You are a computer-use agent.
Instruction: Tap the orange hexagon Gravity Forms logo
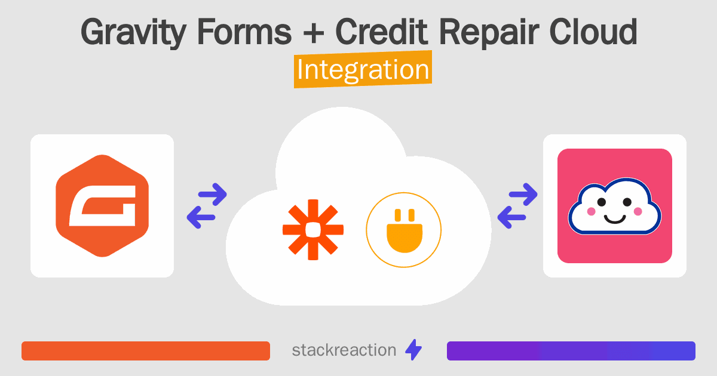[x=102, y=206]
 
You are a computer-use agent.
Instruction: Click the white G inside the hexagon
[x=102, y=207]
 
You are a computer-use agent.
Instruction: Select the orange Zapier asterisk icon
[x=314, y=230]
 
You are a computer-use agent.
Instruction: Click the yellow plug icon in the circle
[x=403, y=230]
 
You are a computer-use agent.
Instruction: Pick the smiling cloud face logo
[x=614, y=206]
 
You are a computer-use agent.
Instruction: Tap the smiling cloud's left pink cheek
[x=592, y=211]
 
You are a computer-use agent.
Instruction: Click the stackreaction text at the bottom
[x=344, y=350]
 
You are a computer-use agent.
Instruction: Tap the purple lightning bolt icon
[x=413, y=350]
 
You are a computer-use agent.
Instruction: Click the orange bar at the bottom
[x=146, y=351]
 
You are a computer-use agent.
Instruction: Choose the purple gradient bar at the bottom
[x=571, y=351]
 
